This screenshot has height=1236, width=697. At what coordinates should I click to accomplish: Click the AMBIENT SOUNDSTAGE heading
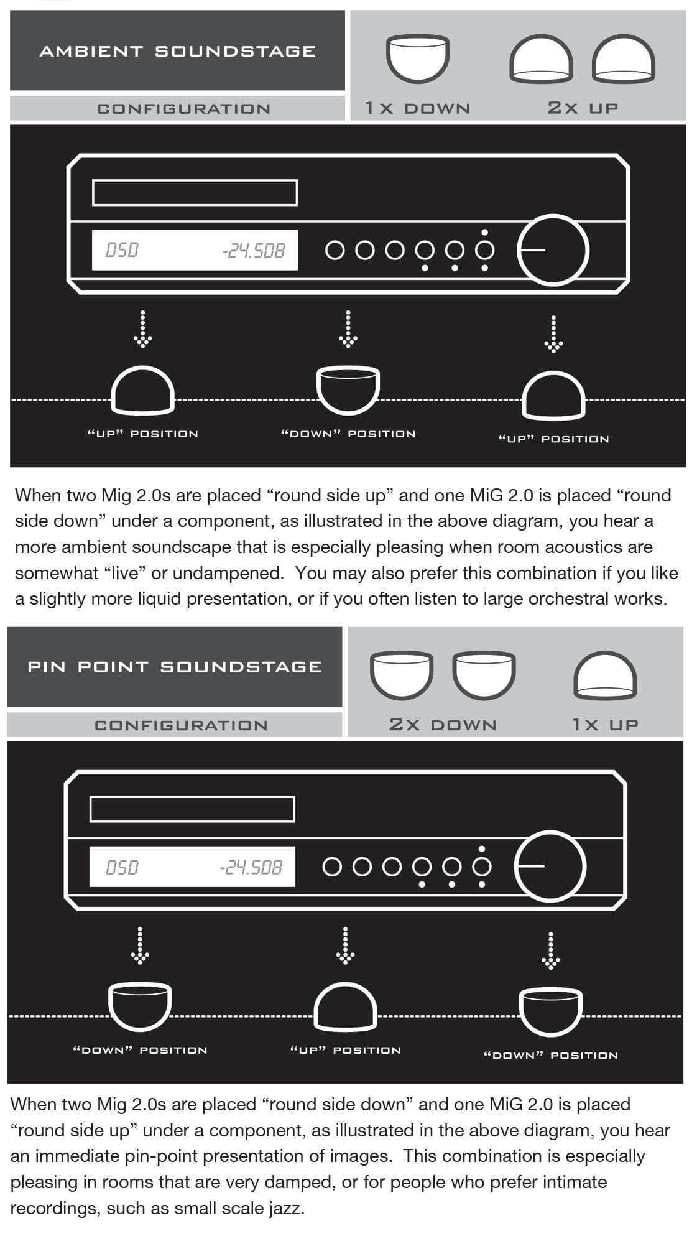pos(177,51)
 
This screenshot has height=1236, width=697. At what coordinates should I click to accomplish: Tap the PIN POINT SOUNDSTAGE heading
pos(175,667)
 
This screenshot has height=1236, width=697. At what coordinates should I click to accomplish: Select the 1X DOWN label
pos(418,108)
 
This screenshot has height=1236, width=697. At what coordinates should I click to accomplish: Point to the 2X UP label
pos(583,108)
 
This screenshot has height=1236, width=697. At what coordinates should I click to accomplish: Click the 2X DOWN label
pos(443,725)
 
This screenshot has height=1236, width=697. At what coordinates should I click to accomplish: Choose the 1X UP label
pos(605,725)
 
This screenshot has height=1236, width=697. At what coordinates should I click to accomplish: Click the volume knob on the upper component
pos(553,249)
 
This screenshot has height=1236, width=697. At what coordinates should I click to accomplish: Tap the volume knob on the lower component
pos(550,866)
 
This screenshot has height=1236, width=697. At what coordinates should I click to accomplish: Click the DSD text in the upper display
pos(122,250)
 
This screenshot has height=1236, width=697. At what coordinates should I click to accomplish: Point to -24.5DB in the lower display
pos(251,867)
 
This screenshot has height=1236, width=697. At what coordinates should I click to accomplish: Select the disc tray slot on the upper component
pos(195,193)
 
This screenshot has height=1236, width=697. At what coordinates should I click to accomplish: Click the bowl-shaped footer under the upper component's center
pos(348,391)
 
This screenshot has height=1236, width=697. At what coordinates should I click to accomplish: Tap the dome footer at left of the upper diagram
pos(142,391)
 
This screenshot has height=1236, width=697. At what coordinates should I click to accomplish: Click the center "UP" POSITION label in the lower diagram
pos(345,1050)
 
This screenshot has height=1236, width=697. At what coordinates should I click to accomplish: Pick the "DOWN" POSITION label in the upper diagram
pos(348,434)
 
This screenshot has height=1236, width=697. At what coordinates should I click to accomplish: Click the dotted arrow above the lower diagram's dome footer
pos(345,946)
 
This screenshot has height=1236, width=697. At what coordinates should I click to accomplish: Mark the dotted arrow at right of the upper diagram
pos(553,335)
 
